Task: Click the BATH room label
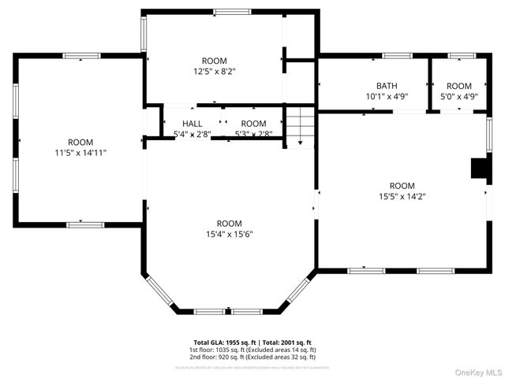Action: click(x=387, y=86)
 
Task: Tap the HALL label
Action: click(x=192, y=124)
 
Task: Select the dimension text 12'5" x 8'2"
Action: click(x=214, y=71)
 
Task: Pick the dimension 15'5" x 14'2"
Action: click(x=402, y=196)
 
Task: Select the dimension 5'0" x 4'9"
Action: click(x=458, y=97)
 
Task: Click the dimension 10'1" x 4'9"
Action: click(x=387, y=97)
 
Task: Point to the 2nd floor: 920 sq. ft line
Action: click(x=252, y=357)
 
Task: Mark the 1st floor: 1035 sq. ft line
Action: click(x=252, y=349)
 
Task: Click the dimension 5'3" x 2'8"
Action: click(x=253, y=135)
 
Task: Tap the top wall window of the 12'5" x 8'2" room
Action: click(x=228, y=11)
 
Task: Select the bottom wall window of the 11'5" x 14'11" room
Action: click(x=85, y=224)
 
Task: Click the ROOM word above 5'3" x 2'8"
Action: click(x=253, y=124)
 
